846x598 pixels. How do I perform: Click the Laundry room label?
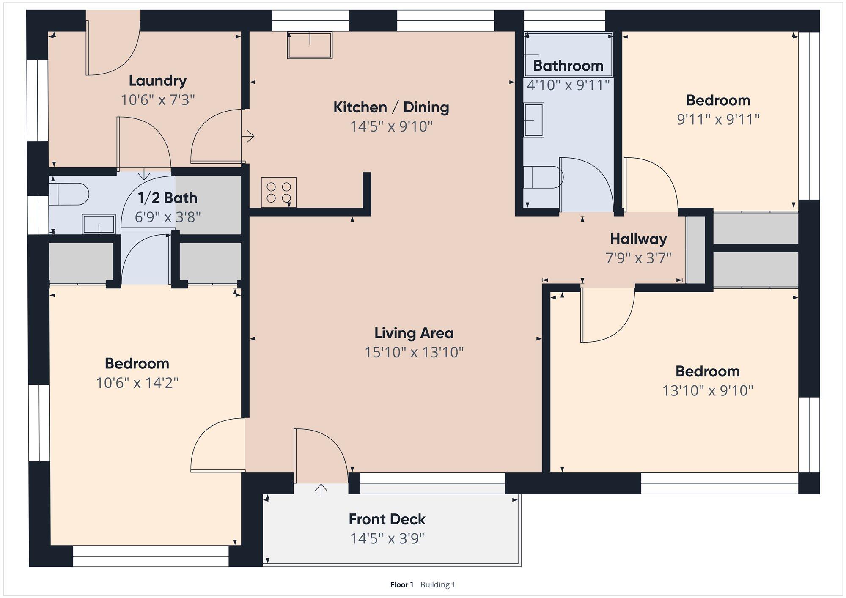pyautogui.click(x=157, y=80)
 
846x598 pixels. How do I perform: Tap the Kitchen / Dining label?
pyautogui.click(x=391, y=107)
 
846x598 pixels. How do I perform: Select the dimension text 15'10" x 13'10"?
pyautogui.click(x=414, y=352)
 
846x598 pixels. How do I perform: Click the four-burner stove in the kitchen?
pyautogui.click(x=279, y=192)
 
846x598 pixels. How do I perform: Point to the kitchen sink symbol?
pyautogui.click(x=310, y=45)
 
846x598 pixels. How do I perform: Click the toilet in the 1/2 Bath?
pyautogui.click(x=69, y=194)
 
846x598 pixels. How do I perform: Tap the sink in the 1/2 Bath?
pyautogui.click(x=99, y=224)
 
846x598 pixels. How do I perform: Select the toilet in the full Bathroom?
pyautogui.click(x=543, y=177)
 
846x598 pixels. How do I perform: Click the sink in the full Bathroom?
pyautogui.click(x=534, y=120)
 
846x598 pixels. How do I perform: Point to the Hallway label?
pyautogui.click(x=638, y=239)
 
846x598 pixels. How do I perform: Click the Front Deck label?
pyautogui.click(x=387, y=519)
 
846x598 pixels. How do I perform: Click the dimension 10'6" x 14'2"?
pyautogui.click(x=137, y=383)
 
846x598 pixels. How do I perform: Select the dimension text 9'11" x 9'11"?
pyautogui.click(x=718, y=119)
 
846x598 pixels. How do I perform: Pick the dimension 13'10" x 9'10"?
pyautogui.click(x=708, y=390)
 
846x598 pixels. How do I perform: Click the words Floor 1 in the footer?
pyautogui.click(x=401, y=584)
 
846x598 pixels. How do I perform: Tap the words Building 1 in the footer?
pyautogui.click(x=438, y=584)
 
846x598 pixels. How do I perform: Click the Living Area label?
pyautogui.click(x=414, y=333)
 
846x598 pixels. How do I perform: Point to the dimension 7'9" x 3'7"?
pyautogui.click(x=638, y=258)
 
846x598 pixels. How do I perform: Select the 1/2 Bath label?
pyautogui.click(x=168, y=198)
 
